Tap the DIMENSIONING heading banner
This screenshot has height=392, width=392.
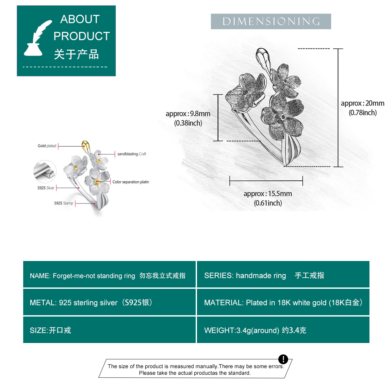[x=271, y=22]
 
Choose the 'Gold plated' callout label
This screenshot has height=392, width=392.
[x=47, y=146]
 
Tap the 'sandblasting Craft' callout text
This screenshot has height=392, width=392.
[x=132, y=154]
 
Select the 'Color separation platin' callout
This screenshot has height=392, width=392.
[x=131, y=182]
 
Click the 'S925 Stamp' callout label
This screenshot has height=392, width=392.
[x=64, y=203]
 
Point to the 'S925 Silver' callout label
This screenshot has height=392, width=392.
[x=46, y=188]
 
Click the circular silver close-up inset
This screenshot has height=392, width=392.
[x=45, y=171]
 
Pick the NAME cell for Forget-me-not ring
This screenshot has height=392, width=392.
[x=109, y=275]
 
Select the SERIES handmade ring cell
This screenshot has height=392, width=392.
[x=283, y=275]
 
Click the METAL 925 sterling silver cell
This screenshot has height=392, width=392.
[x=109, y=302]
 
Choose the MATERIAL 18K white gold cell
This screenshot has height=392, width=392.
[x=283, y=302]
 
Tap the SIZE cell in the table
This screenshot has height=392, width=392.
[x=109, y=330]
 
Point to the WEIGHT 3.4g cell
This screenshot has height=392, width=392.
[x=283, y=330]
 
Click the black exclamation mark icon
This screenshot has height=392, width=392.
[x=283, y=359]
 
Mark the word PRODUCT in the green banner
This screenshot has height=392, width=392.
[x=82, y=36]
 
